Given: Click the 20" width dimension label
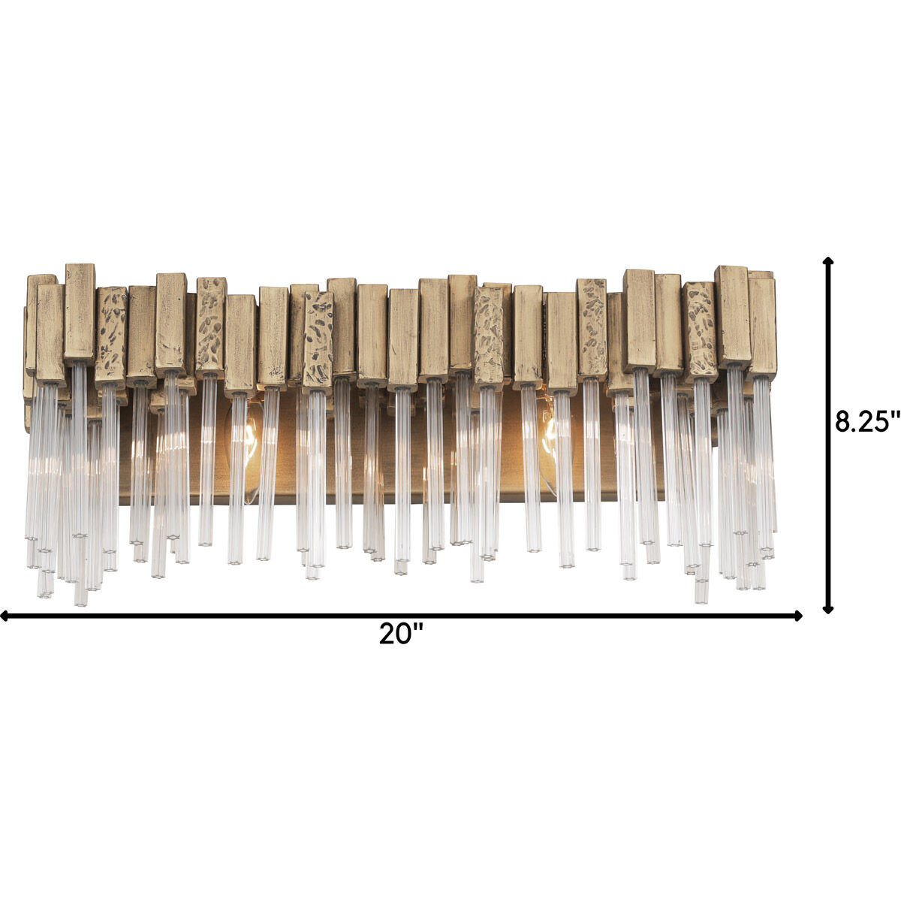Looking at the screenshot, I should point(401,634).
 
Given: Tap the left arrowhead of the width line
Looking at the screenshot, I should point(5,616).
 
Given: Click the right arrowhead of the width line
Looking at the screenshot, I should point(798,616).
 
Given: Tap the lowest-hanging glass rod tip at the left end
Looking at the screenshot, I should point(80,601).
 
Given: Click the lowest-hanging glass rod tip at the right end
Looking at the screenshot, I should point(701,598).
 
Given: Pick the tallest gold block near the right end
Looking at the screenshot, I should point(732,315).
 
